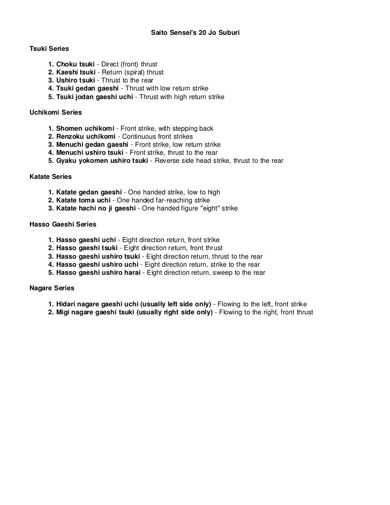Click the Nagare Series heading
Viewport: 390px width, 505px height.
tap(51, 288)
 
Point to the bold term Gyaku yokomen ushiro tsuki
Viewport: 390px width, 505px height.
tap(102, 161)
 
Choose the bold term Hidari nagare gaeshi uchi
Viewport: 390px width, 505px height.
tap(92, 304)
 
